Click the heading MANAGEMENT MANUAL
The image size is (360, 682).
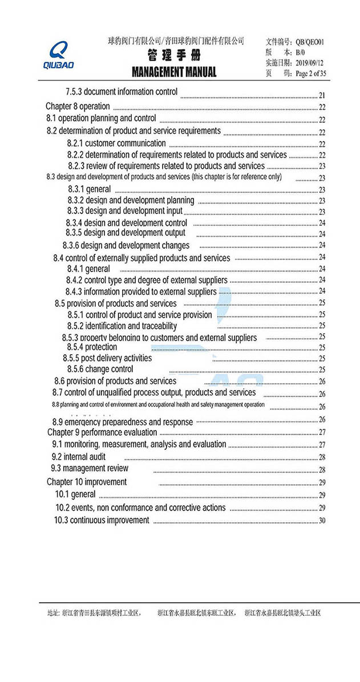tap(174, 72)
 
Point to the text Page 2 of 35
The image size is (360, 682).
tap(311, 73)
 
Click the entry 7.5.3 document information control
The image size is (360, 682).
tap(122, 91)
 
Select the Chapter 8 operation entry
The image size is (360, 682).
tap(78, 106)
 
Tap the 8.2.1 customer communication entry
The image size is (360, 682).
tap(116, 143)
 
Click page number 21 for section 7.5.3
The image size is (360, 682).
tap(322, 95)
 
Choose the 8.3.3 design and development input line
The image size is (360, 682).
tap(125, 211)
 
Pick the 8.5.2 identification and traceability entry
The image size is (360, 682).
tap(122, 326)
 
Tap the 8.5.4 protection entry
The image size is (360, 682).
tap(92, 347)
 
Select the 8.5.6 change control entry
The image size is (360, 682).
tap(100, 369)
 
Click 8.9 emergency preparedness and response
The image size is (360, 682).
tap(122, 422)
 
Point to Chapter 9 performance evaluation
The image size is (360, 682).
tap(102, 432)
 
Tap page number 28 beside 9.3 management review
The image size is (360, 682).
tap(322, 470)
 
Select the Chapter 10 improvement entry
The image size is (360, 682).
tap(86, 482)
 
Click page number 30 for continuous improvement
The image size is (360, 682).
tap(322, 520)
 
